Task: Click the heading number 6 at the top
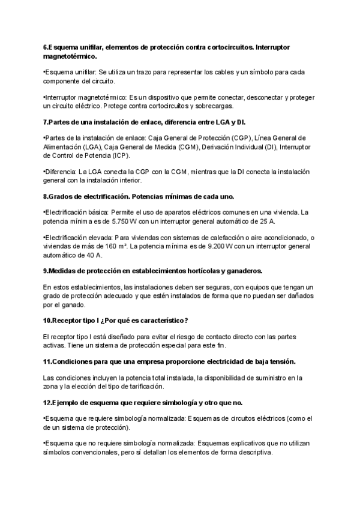[46, 46]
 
